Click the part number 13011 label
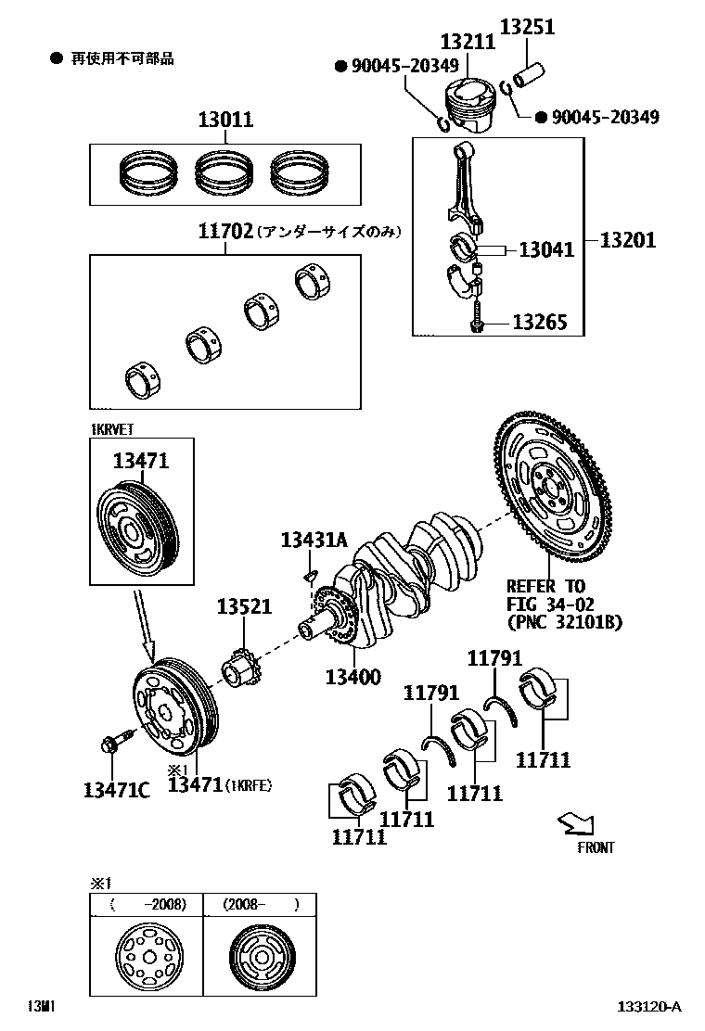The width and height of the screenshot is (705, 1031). click(224, 121)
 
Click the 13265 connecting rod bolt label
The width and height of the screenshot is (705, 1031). click(541, 323)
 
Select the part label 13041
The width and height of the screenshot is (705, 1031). click(545, 249)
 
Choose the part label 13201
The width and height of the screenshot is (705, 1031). click(627, 240)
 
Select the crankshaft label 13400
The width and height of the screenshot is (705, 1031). click(352, 677)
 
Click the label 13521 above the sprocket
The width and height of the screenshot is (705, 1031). click(245, 606)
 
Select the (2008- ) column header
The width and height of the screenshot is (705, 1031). click(259, 904)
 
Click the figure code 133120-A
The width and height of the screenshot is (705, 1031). click(649, 1007)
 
